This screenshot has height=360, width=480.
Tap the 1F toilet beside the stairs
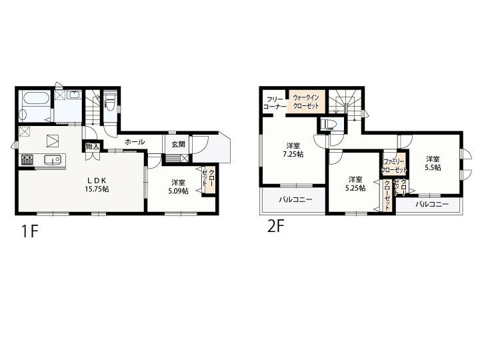click(110, 101)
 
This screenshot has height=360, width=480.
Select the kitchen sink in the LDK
click(53, 160)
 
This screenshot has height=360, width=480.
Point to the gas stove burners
click(27, 160)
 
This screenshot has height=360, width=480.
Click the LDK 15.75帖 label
click(97, 185)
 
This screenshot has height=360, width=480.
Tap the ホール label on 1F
click(135, 142)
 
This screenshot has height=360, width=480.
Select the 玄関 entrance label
click(178, 144)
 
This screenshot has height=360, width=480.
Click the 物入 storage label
click(92, 146)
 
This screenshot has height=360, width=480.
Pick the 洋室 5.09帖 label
click(178, 187)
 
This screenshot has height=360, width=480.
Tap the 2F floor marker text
click(276, 226)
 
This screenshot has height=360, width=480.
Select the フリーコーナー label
click(275, 103)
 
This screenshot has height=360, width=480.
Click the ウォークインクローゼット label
click(306, 101)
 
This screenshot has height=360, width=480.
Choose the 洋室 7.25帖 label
click(293, 150)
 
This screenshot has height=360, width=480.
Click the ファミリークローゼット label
click(394, 165)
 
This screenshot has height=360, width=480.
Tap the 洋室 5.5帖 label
click(433, 163)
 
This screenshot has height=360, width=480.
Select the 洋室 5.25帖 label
click(355, 184)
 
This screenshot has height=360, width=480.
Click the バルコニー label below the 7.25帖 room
click(295, 200)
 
